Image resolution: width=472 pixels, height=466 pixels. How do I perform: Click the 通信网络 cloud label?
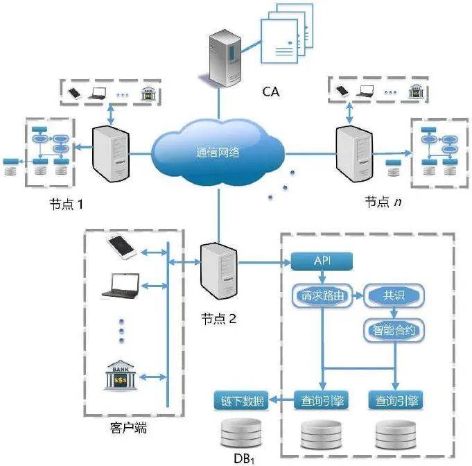tap(218, 152)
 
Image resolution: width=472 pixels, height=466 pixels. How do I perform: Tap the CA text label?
tap(271, 92)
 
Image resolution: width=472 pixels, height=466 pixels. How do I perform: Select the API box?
tap(322, 261)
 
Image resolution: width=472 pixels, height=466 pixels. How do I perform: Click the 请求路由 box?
tap(322, 296)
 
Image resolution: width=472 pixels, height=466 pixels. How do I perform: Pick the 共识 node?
tap(394, 295)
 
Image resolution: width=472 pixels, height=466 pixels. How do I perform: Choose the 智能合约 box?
tap(394, 331)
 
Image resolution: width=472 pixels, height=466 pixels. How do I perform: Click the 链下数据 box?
tap(242, 401)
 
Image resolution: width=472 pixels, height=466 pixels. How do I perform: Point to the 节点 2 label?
tap(218, 319)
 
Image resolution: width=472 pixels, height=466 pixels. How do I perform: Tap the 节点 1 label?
tap(66, 205)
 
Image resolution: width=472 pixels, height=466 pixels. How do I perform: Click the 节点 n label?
tap(383, 202)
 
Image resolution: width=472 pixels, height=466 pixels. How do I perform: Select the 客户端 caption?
tap(128, 428)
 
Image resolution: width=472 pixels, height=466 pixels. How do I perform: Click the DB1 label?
tap(244, 459)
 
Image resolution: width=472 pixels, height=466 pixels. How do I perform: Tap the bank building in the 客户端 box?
tap(121, 375)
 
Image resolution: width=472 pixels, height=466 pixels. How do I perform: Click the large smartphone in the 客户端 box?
tap(121, 248)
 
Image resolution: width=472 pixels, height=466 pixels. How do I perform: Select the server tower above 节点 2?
tap(219, 271)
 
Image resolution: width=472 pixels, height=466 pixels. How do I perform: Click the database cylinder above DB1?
tap(241, 433)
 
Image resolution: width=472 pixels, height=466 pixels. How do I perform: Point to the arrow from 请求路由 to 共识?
tap(358, 296)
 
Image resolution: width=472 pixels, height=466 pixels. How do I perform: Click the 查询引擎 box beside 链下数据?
tap(322, 401)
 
